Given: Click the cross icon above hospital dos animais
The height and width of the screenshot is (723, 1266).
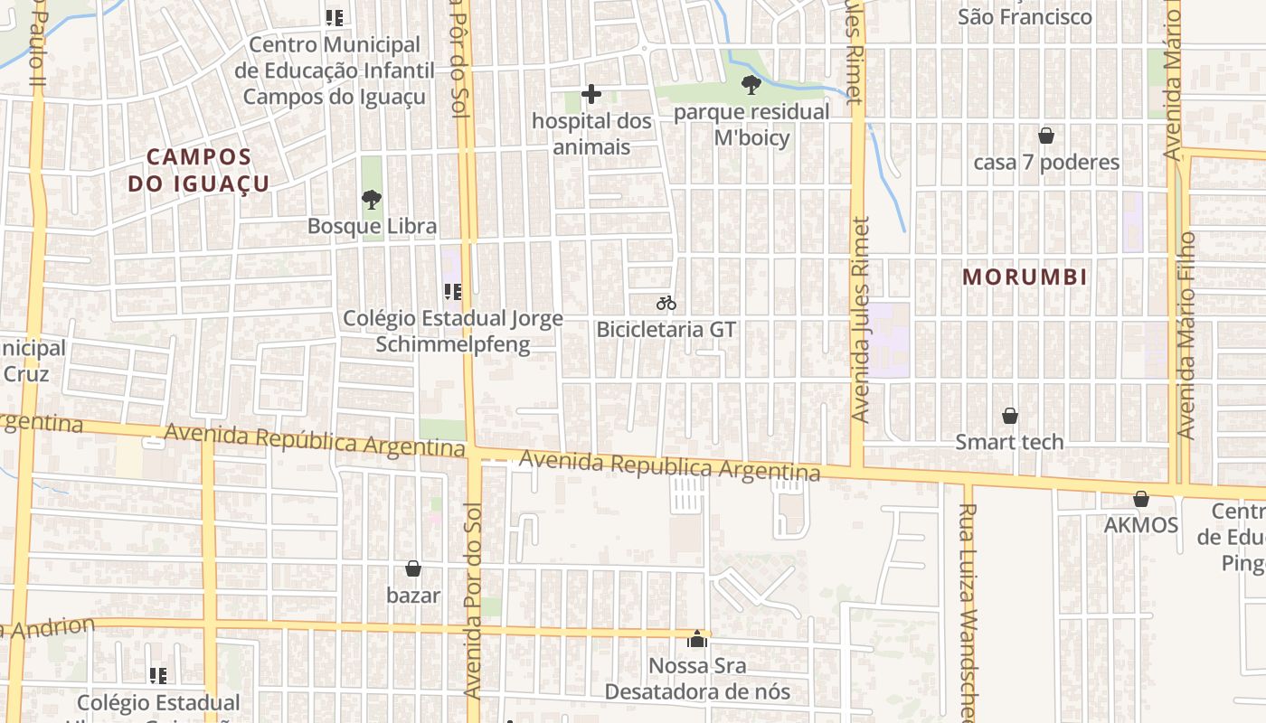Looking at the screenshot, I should point(591,94).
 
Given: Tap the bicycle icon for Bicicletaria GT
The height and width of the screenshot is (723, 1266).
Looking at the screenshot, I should point(666,303).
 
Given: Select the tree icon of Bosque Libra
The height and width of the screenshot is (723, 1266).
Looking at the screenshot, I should point(371,199).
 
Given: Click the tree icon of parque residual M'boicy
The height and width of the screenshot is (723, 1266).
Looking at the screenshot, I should point(751,85).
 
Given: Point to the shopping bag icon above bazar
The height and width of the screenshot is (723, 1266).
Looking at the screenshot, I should point(413,568).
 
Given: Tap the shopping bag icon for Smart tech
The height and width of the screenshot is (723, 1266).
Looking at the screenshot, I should point(1010,416).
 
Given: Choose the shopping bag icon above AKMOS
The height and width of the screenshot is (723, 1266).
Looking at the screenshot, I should point(1141,499).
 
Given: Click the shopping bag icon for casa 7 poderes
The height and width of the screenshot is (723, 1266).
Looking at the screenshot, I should point(1046,136).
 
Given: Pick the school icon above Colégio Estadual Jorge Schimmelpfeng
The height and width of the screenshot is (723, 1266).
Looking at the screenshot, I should point(453,291).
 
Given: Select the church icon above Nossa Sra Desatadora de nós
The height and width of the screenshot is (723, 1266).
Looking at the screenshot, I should point(697,640).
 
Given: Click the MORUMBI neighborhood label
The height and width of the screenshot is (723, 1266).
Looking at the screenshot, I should point(1025,277).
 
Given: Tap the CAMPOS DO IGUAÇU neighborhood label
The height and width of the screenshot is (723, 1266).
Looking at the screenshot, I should point(199,170).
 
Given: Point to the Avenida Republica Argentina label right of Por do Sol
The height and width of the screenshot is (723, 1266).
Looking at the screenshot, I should point(669,466).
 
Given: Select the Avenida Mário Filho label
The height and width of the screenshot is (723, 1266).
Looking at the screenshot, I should point(1186,334).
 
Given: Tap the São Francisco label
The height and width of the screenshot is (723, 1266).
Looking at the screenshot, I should point(1025,16).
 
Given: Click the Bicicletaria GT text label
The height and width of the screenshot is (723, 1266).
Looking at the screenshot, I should point(666,329).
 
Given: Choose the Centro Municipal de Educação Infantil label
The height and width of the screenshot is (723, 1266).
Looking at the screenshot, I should point(335,70).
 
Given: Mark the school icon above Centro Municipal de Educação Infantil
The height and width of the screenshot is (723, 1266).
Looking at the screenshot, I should point(335,17).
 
